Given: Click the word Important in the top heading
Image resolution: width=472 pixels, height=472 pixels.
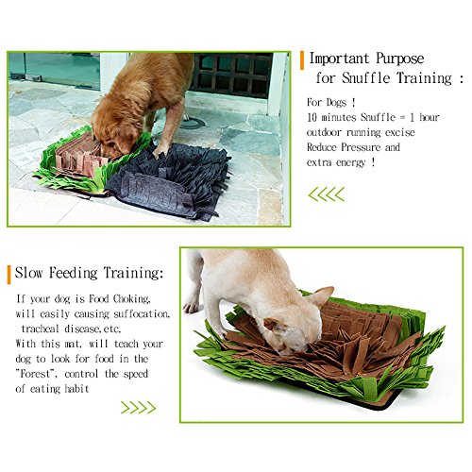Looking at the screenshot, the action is (339, 59).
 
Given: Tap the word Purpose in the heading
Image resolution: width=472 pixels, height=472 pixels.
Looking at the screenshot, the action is (400, 59).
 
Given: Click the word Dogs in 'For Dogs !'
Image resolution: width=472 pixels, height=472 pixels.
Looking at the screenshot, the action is (336, 102).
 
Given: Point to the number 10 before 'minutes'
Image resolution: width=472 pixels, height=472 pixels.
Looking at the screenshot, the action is (312, 117).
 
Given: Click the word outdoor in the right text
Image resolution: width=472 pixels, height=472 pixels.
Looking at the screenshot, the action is (324, 132).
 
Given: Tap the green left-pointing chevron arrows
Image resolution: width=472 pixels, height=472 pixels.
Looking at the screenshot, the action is (327, 194).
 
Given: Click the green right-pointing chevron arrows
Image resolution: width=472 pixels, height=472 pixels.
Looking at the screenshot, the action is (139, 408).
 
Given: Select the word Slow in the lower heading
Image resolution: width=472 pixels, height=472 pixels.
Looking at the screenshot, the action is (28, 273).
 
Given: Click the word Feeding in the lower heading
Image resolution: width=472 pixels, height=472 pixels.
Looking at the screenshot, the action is (73, 273).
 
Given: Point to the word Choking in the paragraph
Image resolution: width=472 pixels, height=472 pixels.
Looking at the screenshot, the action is (131, 299).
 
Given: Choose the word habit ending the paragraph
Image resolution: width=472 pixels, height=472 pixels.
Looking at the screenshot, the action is (76, 389).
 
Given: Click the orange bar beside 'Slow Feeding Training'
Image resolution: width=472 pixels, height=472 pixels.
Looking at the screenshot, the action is (9, 275).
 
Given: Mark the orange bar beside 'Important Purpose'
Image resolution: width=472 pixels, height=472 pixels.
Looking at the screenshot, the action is (302, 60).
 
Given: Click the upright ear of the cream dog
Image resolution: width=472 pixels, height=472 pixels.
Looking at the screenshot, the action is (323, 295).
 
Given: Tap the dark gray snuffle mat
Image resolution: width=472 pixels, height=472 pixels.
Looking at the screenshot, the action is (170, 181).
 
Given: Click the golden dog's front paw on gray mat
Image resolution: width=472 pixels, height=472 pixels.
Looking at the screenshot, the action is (160, 151).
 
